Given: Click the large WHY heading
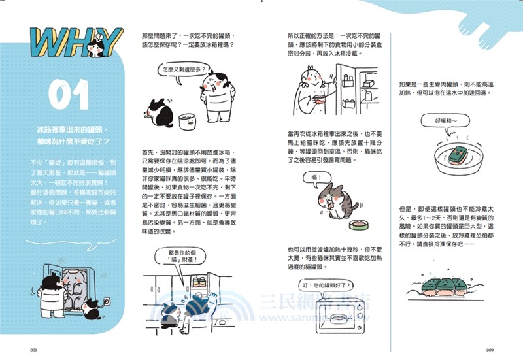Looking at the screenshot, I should [x=78, y=43].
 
